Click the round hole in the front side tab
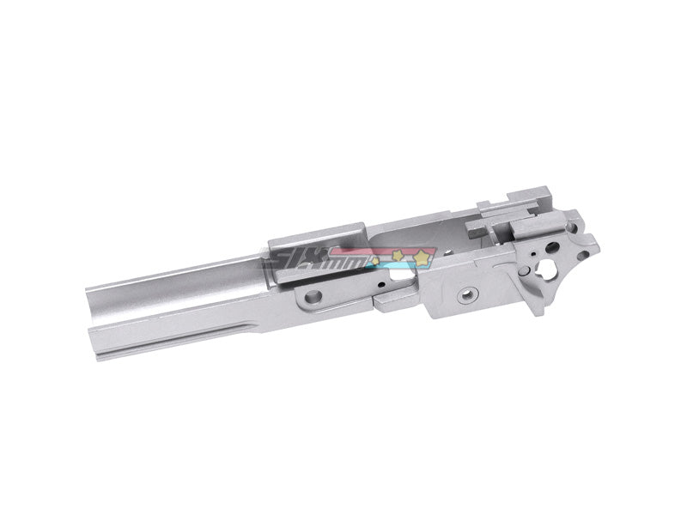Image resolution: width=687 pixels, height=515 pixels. tap(313, 297)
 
